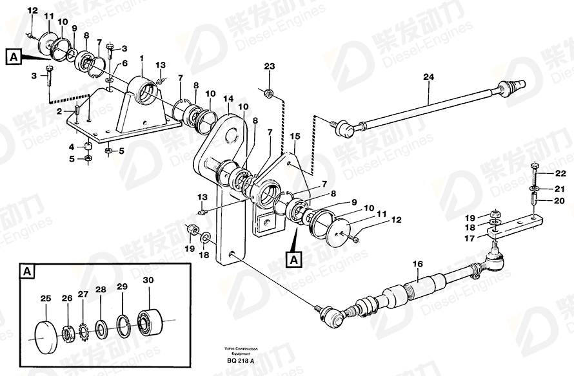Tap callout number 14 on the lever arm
click(x=228, y=99)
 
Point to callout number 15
click(x=295, y=136)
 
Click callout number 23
click(x=269, y=66)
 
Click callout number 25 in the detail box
click(x=45, y=298)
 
